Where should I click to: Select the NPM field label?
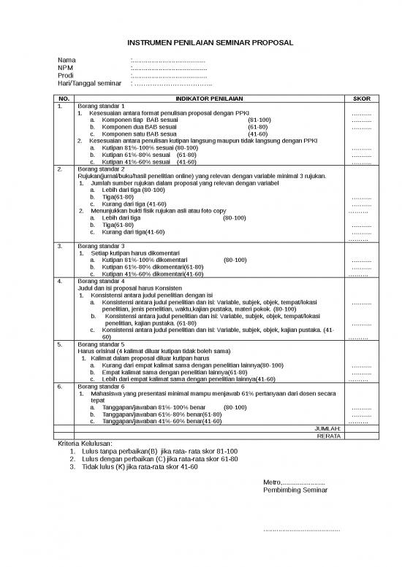(66, 69)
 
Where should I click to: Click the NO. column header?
(64, 99)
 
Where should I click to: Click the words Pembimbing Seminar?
(295, 490)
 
